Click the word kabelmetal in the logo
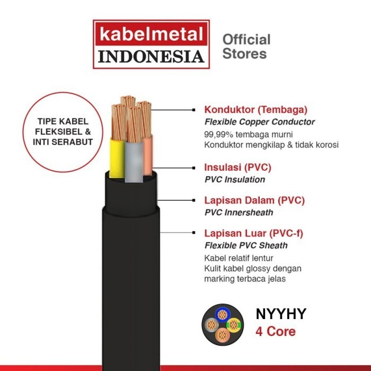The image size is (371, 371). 151,36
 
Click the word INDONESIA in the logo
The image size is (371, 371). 151,56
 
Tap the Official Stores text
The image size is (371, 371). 246,46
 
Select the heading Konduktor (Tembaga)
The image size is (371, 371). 255,110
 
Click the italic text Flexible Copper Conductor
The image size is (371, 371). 259,122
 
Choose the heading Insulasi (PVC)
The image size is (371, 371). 237,167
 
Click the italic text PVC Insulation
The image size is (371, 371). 234,179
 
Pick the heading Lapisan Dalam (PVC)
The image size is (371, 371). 254,200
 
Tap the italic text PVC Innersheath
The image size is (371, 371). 239,212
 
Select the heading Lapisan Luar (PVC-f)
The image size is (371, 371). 254,233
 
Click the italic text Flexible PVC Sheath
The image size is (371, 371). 246,245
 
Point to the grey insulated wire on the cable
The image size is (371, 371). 132,159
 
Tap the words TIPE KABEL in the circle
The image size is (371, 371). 63,122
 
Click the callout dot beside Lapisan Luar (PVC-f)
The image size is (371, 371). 193,233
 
